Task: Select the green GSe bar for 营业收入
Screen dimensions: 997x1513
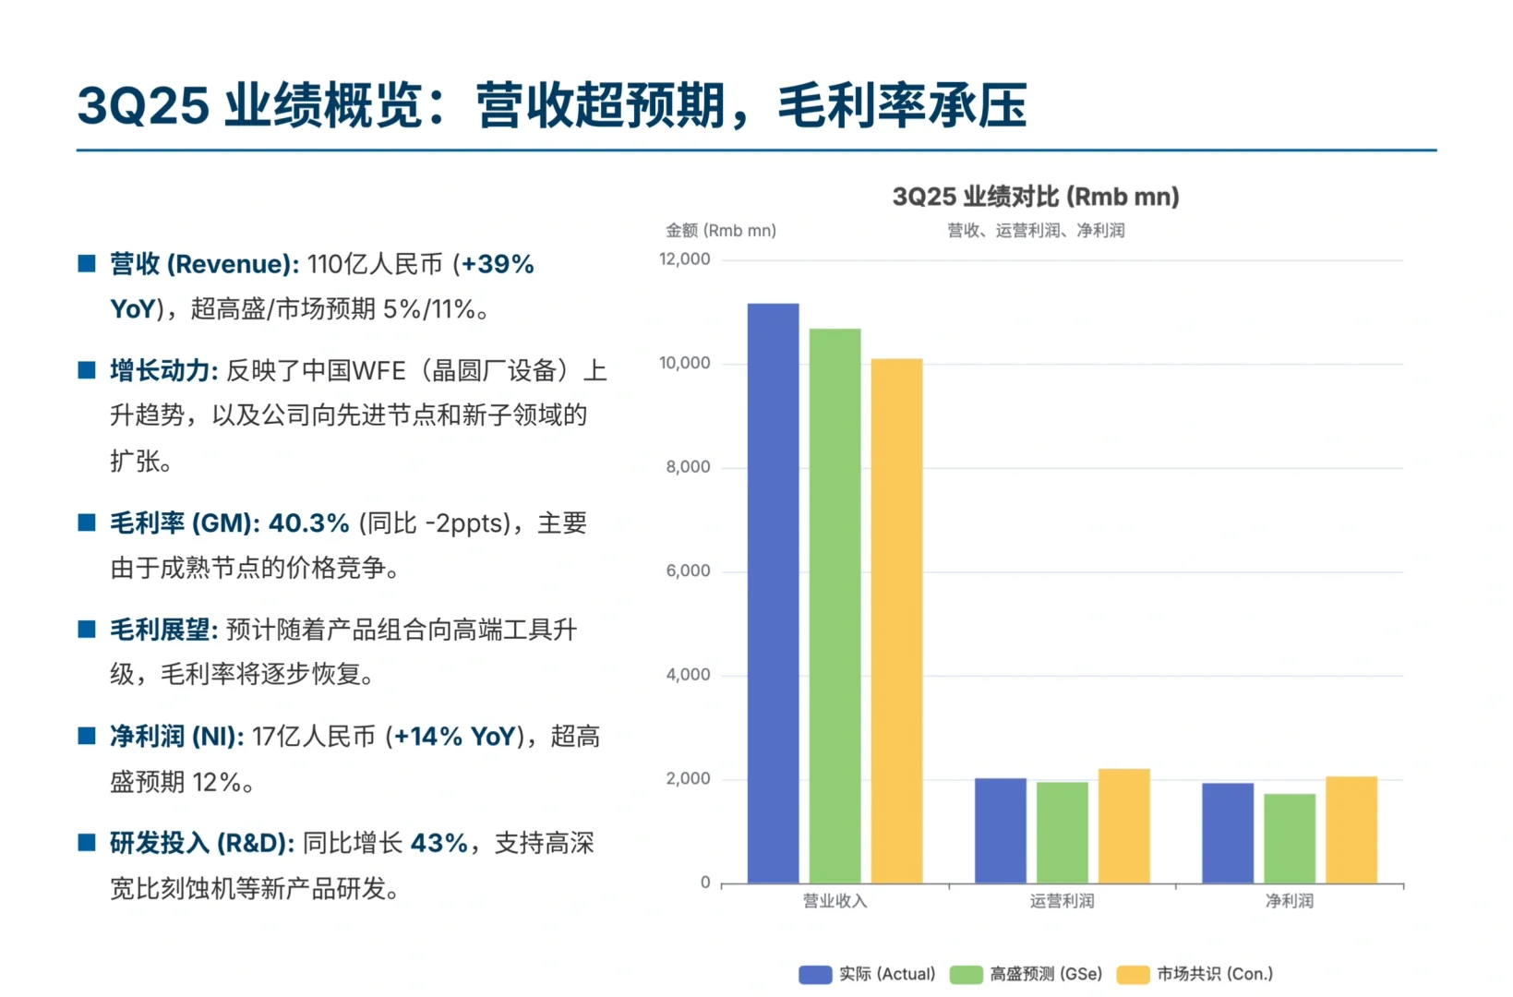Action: (x=835, y=606)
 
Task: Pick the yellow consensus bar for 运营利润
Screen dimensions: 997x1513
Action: (x=1123, y=825)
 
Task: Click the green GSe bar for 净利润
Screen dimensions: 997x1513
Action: (x=1289, y=838)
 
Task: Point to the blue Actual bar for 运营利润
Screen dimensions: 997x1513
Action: (x=1000, y=830)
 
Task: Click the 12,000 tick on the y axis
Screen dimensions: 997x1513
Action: (x=684, y=259)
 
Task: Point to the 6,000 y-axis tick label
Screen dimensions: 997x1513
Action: (x=688, y=571)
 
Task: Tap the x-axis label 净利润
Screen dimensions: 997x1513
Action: (x=1289, y=901)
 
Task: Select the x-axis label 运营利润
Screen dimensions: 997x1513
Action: (x=1062, y=901)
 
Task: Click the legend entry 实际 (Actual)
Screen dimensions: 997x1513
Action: (x=867, y=974)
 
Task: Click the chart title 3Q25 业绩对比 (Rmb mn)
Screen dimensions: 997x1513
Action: (x=1035, y=197)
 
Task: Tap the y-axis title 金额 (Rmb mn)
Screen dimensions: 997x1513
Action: (x=721, y=231)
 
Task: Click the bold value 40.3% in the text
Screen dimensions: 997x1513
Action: (x=308, y=523)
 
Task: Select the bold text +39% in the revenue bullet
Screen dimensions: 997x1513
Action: (x=497, y=264)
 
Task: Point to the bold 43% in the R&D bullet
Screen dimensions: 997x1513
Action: (x=438, y=843)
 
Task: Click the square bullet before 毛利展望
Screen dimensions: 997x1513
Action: (x=87, y=630)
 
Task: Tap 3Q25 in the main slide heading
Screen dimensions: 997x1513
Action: (x=143, y=105)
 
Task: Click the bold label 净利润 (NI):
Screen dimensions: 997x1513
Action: (x=176, y=737)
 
